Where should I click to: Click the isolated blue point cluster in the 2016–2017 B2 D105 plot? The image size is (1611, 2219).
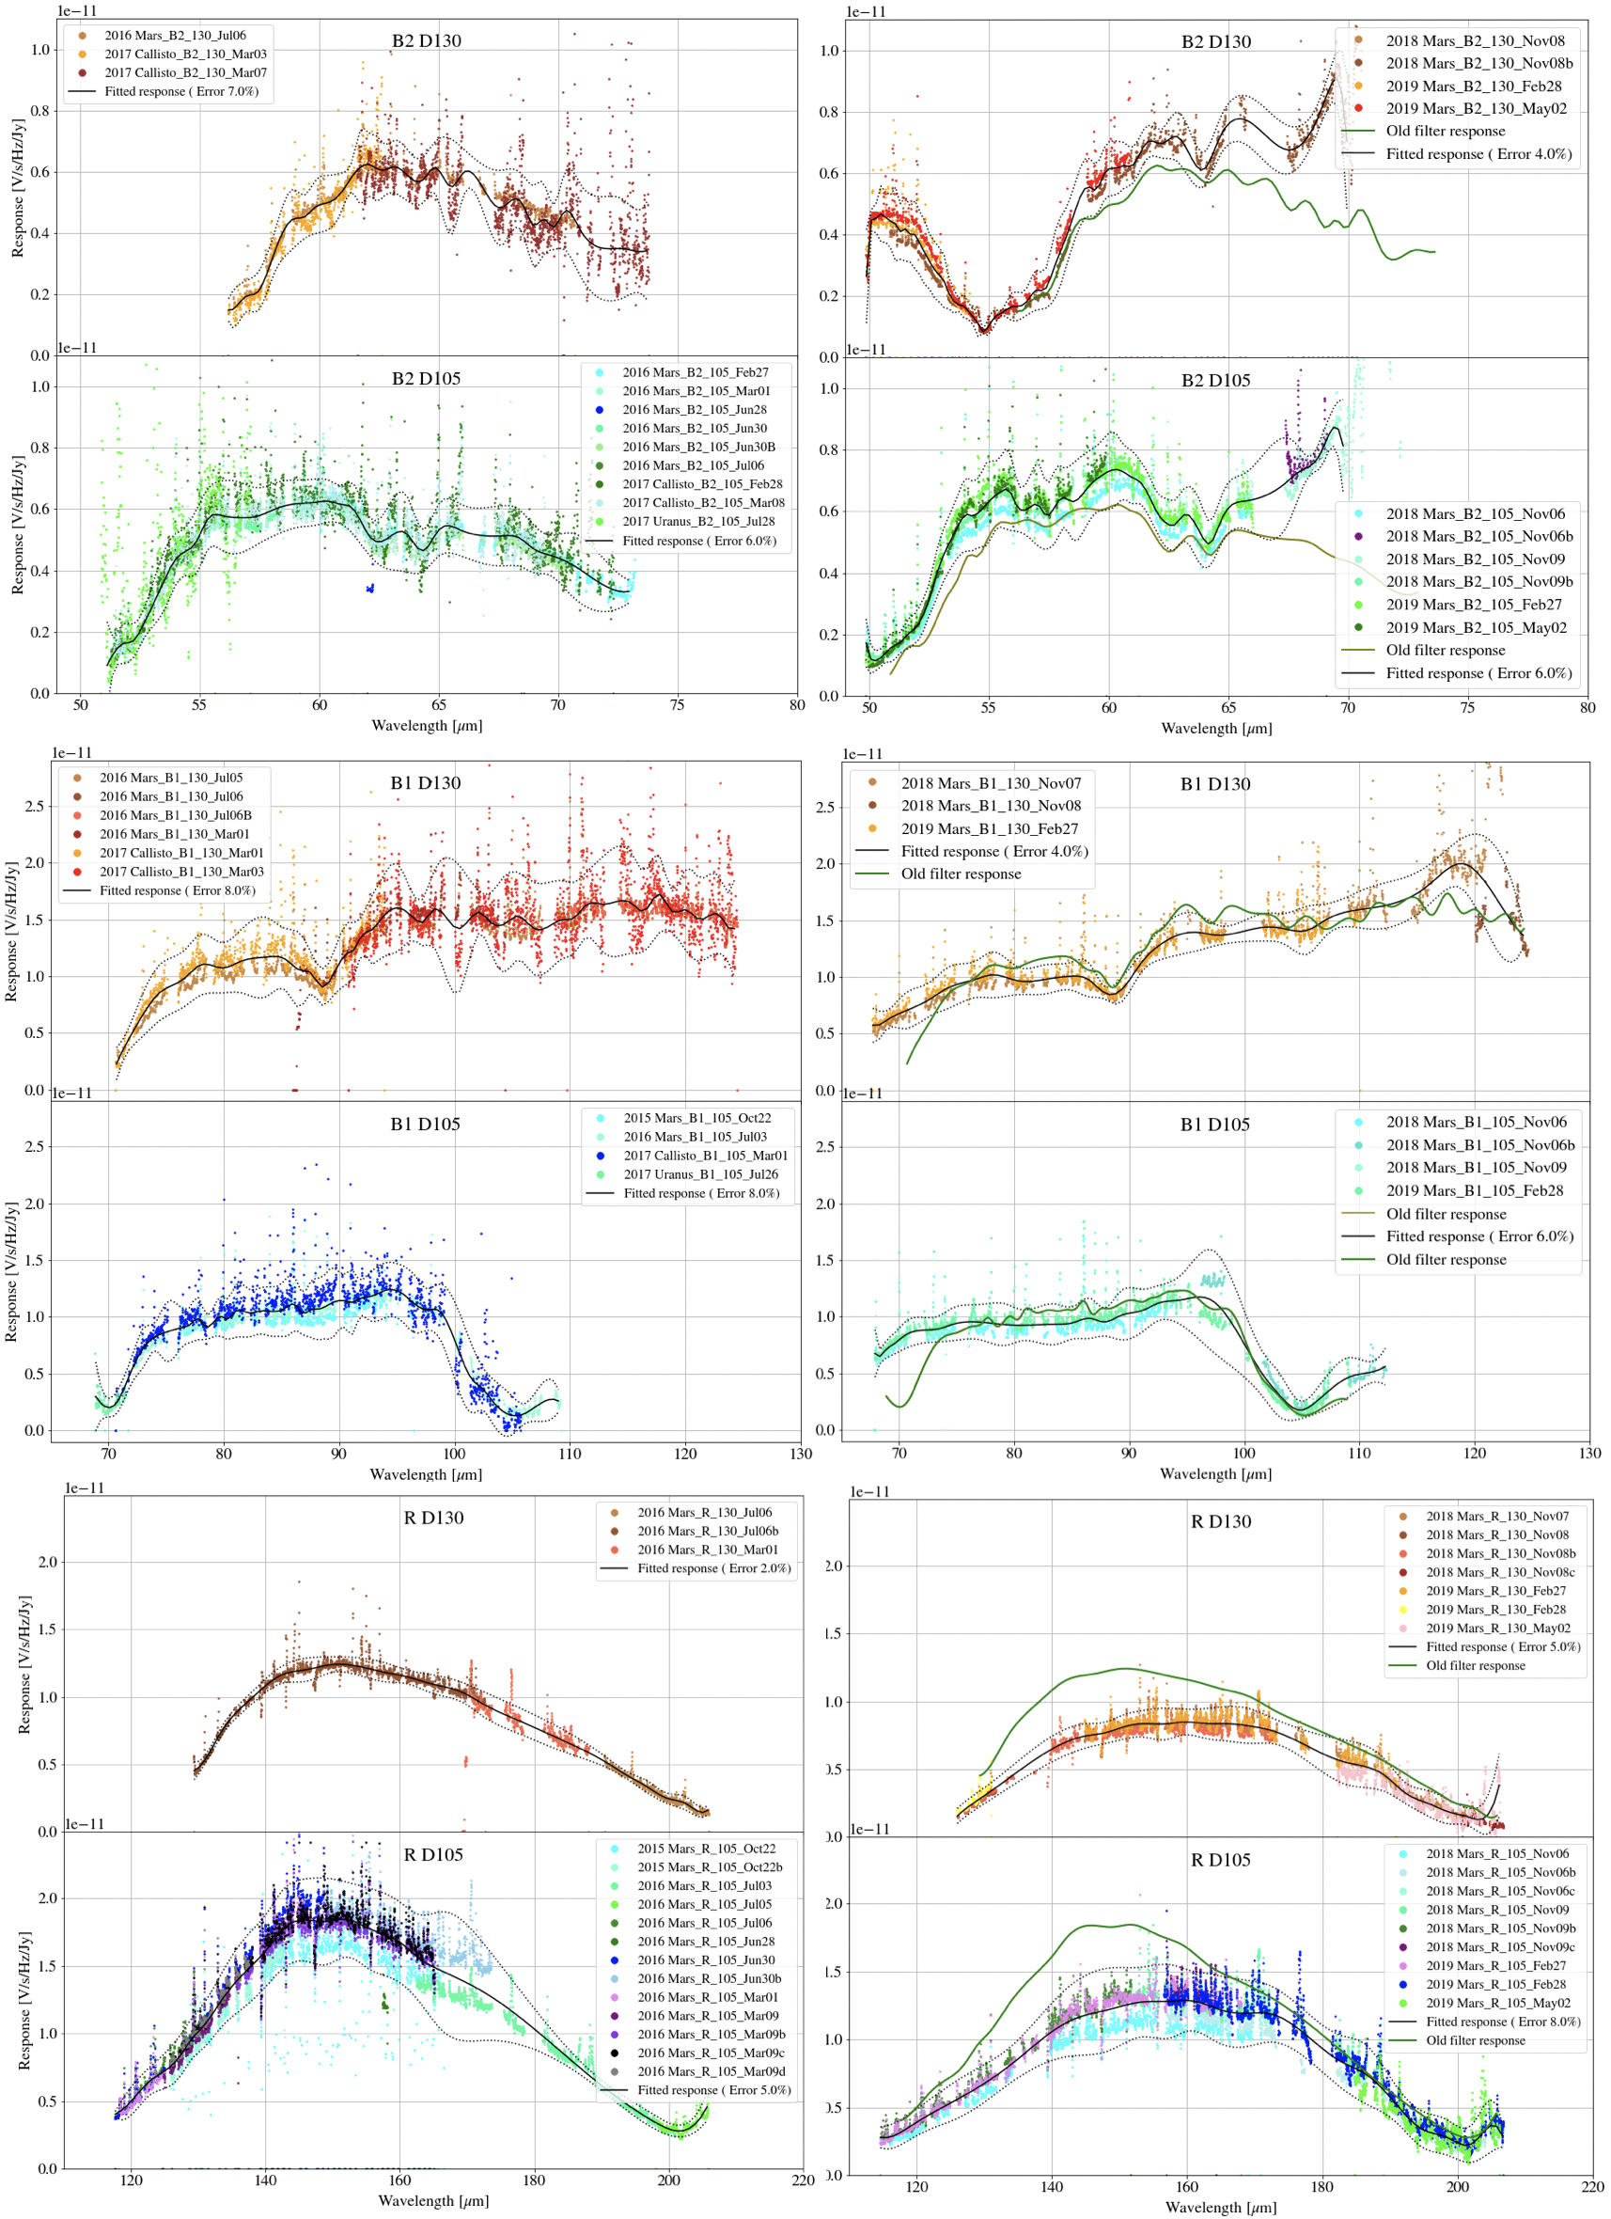369,588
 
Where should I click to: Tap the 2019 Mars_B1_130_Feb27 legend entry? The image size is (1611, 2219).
990,828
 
